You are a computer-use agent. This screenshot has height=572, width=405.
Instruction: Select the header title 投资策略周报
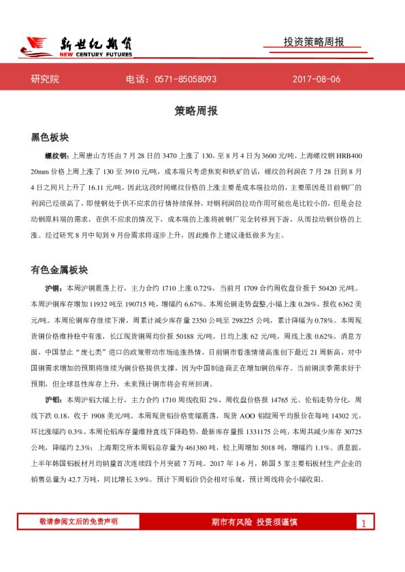pos(314,42)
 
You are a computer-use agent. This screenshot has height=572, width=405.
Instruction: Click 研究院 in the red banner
pos(45,79)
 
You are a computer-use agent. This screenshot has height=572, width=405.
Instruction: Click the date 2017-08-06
pos(316,79)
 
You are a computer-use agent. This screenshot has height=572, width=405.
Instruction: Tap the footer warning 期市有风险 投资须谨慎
pos(255,522)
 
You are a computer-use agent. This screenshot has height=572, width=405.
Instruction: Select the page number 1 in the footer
pos(363,523)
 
